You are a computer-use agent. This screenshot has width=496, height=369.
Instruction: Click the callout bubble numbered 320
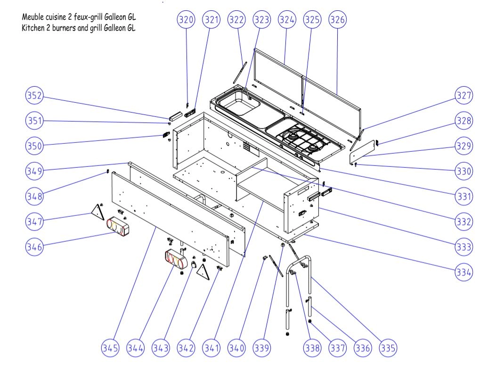(186, 20)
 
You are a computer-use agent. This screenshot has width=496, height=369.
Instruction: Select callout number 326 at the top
(338, 20)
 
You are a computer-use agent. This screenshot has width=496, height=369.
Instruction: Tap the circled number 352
(34, 95)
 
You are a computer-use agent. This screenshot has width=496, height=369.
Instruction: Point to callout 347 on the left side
(34, 221)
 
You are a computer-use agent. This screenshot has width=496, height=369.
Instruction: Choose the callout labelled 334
(464, 272)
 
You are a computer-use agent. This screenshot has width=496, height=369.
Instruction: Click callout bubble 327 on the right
(464, 95)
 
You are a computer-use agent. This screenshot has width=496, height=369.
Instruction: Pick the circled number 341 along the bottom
(211, 348)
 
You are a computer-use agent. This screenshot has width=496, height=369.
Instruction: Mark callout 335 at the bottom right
(388, 348)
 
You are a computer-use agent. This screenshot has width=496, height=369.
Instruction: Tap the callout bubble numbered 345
(110, 348)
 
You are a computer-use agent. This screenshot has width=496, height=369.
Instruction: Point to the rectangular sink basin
(239, 104)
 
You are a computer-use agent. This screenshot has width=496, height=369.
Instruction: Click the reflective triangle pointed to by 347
(98, 212)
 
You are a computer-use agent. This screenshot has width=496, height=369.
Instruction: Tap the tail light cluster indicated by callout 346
(118, 227)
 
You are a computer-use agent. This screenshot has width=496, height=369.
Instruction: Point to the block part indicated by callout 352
(176, 116)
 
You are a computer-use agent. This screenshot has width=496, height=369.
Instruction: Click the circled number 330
(464, 171)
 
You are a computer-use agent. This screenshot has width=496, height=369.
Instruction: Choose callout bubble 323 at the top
(261, 20)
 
